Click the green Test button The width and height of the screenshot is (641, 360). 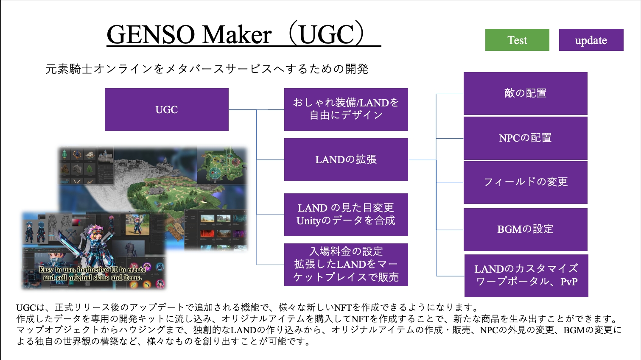coord(517,40)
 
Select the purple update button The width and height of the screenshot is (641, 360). coord(591,40)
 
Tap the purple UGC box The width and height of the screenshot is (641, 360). coord(167,109)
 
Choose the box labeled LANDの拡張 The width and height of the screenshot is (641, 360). coord(346,159)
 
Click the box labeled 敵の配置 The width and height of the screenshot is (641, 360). coord(525,94)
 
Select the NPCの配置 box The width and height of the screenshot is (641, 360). coord(525,138)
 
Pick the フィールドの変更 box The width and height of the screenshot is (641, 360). coord(525,182)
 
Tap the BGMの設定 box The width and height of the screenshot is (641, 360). coord(525,229)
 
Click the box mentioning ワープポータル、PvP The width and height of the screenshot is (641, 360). coord(526,276)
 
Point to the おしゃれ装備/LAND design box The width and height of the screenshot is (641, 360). coord(346,109)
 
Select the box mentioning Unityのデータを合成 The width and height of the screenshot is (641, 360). coord(346,215)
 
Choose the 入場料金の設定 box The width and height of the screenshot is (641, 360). coord(346,265)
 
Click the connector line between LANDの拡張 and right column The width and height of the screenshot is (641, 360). coord(423,160)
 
